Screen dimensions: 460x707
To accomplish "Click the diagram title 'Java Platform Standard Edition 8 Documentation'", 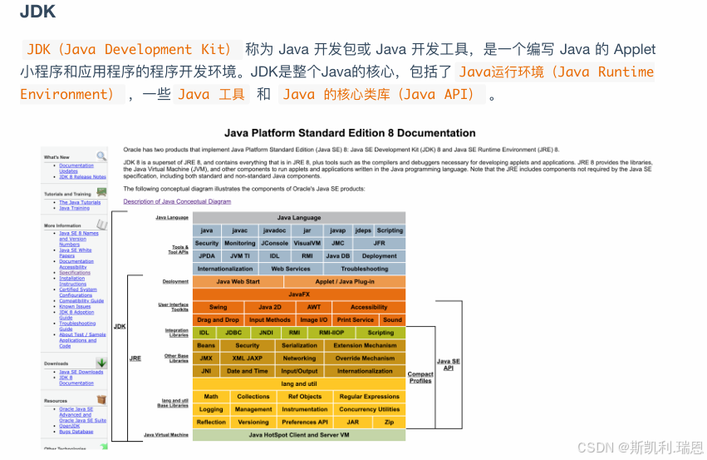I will click(x=350, y=133).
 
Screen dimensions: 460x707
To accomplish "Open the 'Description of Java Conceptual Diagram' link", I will click(x=177, y=201).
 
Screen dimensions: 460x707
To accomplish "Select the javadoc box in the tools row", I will click(x=274, y=230).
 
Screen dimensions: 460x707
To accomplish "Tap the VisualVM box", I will click(x=307, y=244).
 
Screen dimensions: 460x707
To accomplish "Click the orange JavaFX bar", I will click(x=299, y=294).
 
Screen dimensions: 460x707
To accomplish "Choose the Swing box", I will click(x=218, y=307).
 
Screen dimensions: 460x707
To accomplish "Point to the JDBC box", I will click(x=233, y=333).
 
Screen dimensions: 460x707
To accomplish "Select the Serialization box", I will click(x=299, y=345).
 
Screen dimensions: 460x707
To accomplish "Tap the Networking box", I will click(x=299, y=359).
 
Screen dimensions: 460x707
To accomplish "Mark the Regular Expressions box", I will click(x=369, y=397).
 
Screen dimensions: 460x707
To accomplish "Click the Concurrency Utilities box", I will click(x=369, y=409).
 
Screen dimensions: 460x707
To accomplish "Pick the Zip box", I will click(x=389, y=422).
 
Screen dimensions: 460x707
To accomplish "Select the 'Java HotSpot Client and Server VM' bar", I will click(x=299, y=435).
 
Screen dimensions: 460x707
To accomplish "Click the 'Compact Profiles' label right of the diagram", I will click(x=420, y=378).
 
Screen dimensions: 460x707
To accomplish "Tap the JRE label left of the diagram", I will click(x=135, y=359).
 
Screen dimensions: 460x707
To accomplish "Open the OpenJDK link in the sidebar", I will click(x=70, y=426).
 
